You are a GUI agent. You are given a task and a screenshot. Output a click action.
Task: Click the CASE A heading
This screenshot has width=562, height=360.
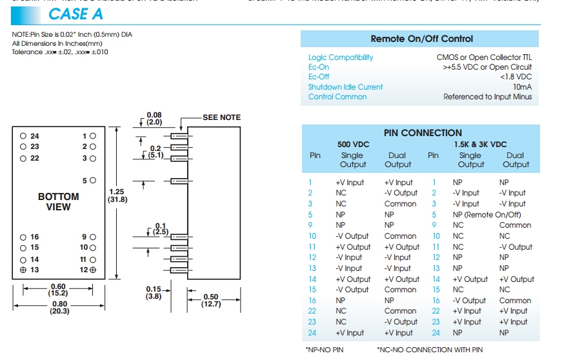76,13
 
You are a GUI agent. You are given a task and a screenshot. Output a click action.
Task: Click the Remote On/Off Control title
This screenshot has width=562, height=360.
422,39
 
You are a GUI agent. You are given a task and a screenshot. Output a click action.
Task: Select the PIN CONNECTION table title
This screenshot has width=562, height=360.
423,133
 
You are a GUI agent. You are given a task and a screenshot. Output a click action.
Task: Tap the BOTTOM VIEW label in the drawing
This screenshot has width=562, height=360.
58,201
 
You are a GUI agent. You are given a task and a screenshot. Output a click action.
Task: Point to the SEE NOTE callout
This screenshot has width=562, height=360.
221,117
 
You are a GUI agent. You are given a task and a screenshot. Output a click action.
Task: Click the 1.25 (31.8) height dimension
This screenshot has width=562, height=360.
117,195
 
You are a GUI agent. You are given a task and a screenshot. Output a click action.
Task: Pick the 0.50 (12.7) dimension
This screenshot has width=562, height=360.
211,301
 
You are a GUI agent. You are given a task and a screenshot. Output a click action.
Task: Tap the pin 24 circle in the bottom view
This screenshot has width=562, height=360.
23,136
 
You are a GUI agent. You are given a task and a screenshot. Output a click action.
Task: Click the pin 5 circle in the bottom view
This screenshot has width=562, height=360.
93,181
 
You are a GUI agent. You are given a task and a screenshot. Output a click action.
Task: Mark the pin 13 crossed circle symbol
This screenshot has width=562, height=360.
23,270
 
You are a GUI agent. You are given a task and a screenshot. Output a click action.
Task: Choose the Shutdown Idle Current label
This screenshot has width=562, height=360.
345,87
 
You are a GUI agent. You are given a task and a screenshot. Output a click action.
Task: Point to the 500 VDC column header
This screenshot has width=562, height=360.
354,145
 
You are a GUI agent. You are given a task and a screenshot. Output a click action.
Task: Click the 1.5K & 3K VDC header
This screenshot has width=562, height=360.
480,145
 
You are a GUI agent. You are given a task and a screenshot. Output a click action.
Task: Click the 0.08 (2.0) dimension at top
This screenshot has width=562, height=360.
154,118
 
